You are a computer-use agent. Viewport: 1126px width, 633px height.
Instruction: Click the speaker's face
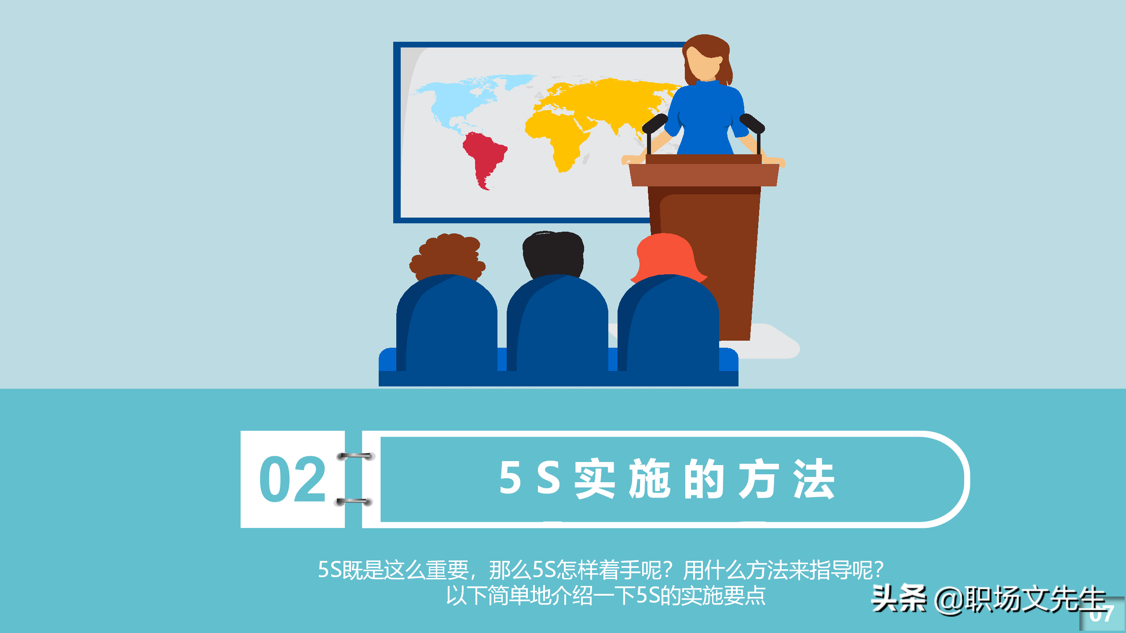704,64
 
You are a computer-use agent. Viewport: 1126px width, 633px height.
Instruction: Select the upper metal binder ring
355,456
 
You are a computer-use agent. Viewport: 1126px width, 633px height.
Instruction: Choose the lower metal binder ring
354,502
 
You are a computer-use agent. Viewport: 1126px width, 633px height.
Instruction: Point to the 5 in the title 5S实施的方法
510,478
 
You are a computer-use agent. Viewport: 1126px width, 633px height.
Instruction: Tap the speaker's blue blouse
706,116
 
